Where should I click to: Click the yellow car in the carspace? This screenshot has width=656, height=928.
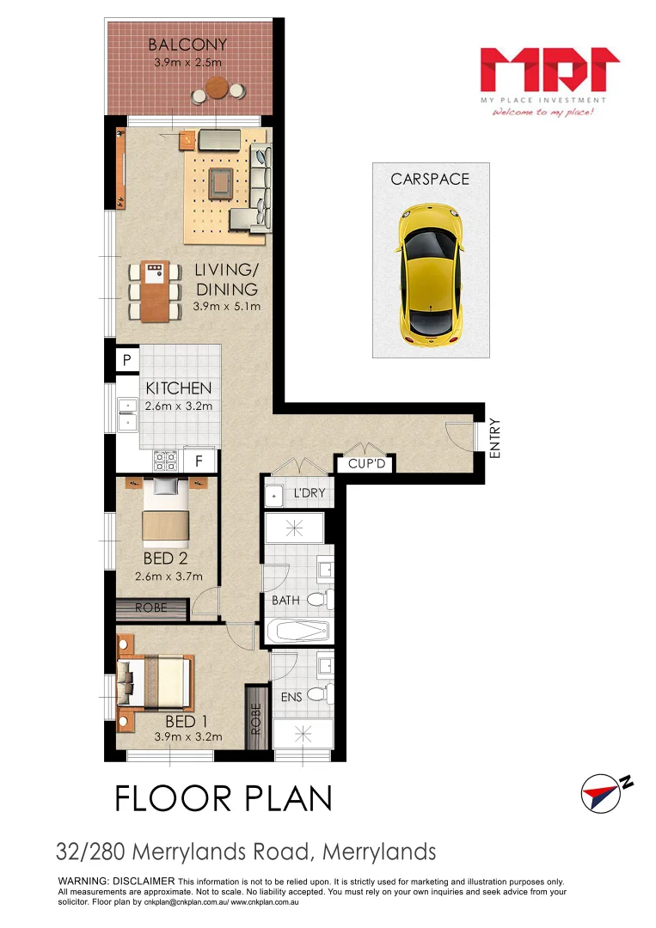(x=430, y=270)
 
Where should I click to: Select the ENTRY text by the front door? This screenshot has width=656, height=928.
(x=495, y=437)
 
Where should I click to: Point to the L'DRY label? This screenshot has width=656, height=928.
(x=308, y=494)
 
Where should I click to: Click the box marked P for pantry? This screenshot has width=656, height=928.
(x=126, y=361)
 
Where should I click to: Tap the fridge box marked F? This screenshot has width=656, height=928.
(x=199, y=461)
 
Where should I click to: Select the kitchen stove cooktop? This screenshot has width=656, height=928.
(x=165, y=461)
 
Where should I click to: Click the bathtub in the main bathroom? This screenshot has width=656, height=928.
(x=297, y=632)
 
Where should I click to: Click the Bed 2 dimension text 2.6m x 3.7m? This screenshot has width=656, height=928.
(x=172, y=577)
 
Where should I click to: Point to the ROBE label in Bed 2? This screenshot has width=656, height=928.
(x=151, y=609)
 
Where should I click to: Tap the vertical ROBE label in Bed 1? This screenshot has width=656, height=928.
(x=256, y=718)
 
